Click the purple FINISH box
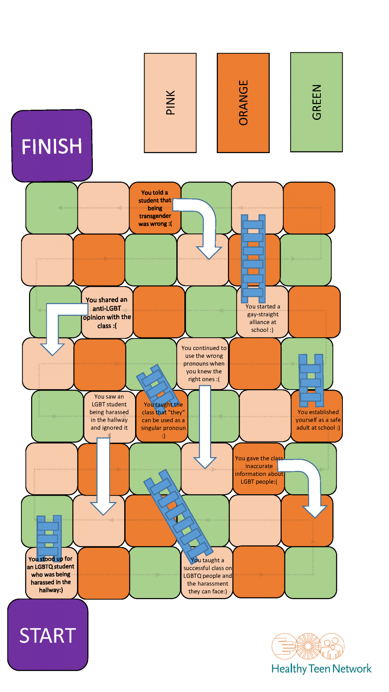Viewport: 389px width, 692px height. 52,146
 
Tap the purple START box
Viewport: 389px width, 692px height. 48,635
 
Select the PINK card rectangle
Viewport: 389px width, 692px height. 170,103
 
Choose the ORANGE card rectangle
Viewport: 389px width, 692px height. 243,103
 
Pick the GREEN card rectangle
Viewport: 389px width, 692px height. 316,102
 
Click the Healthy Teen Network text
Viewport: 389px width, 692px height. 321,669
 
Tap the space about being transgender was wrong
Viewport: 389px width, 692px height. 155,208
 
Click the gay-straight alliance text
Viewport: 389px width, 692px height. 263,318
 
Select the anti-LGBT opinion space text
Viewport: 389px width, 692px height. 107,313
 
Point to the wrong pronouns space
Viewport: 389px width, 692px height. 204,364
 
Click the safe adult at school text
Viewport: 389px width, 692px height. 318,420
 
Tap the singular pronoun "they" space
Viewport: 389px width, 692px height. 163,420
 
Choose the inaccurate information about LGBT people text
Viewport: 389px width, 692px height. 259,470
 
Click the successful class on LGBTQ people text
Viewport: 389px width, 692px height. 207,576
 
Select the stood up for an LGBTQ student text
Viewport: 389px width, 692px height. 51,574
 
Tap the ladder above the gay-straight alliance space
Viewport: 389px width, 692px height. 253,258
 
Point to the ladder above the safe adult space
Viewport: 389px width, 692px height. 311,380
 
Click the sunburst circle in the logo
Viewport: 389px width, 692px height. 308,646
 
